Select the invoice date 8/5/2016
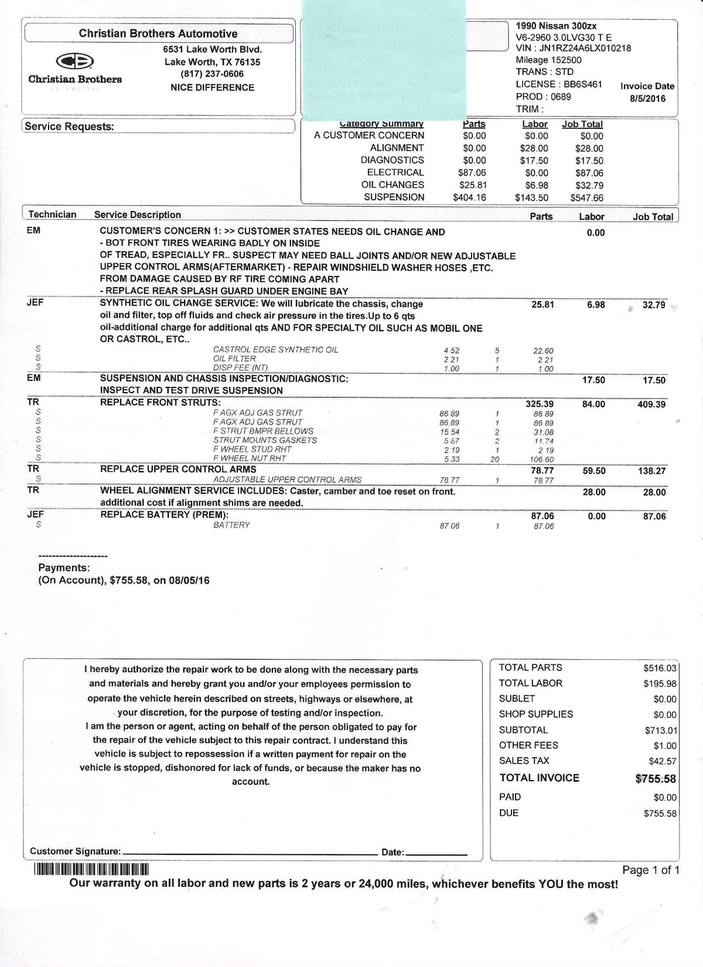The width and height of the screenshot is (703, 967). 647,98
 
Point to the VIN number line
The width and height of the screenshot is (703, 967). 573,48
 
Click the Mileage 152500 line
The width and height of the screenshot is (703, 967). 548,60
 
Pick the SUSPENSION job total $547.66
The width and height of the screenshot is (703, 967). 586,198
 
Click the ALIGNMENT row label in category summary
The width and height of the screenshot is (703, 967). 397,148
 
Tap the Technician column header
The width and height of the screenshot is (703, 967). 53,214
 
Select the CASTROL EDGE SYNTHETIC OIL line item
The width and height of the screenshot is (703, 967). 275,350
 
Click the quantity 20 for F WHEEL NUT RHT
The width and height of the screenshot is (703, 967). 495,459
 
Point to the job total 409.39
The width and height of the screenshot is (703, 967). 651,404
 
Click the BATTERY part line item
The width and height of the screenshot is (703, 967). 231,525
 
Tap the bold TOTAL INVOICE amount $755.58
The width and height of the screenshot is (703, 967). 656,779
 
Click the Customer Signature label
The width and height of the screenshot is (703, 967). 75,852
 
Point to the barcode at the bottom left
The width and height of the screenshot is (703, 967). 92,869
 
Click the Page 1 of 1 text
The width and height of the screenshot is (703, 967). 650,870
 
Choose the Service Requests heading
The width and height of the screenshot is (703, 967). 69,127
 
